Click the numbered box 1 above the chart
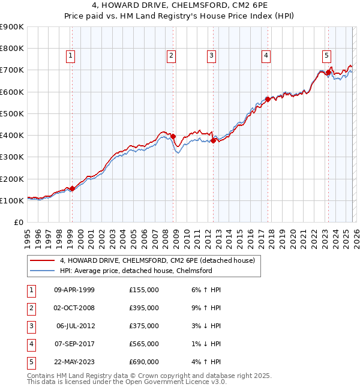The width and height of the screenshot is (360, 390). pyautogui.click(x=71, y=56)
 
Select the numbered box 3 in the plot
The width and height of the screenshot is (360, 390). pyautogui.click(x=212, y=56)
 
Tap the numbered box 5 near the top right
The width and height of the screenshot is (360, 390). pyautogui.click(x=326, y=56)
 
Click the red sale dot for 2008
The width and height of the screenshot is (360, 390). pyautogui.click(x=173, y=136)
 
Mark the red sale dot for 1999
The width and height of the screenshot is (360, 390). pyautogui.click(x=72, y=188)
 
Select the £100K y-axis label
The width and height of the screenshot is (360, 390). pyautogui.click(x=12, y=200)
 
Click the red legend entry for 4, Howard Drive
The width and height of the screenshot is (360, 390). pyautogui.click(x=157, y=260)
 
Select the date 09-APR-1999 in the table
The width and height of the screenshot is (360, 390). pyautogui.click(x=74, y=290)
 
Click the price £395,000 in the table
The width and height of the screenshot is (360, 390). pyautogui.click(x=144, y=308)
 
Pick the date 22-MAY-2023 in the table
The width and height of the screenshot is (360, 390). pyautogui.click(x=74, y=362)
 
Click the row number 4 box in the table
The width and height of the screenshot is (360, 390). pyautogui.click(x=31, y=344)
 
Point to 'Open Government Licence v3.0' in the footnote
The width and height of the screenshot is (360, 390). pyautogui.click(x=178, y=382)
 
